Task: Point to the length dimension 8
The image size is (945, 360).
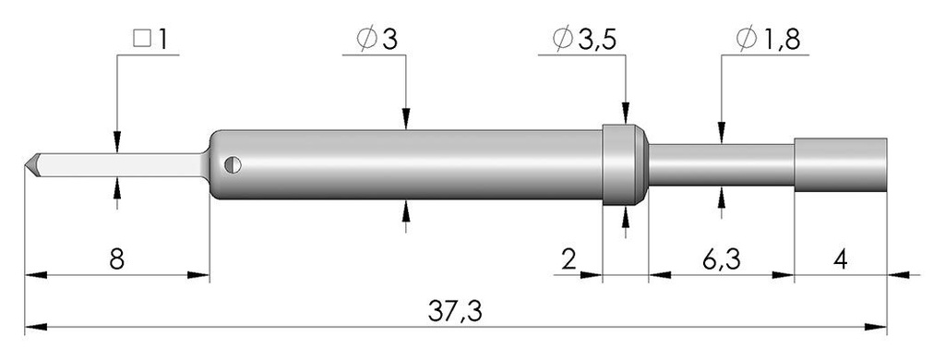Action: click(115, 259)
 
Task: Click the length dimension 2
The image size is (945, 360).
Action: click(569, 259)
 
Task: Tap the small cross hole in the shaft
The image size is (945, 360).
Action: click(233, 164)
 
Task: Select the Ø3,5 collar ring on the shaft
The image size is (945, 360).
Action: click(625, 164)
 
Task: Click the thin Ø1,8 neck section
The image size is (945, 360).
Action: click(720, 164)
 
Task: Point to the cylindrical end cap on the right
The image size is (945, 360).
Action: click(840, 164)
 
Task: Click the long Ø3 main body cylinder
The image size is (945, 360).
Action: click(406, 164)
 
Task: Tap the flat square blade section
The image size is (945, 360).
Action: click(120, 164)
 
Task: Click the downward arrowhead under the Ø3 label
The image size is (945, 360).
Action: click(406, 119)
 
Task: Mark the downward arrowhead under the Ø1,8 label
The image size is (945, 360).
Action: click(721, 135)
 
